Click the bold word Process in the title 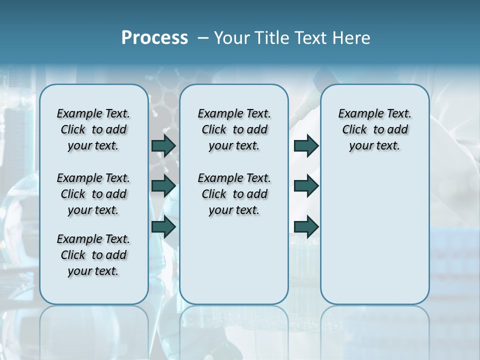click(154, 38)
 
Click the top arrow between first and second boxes click(163, 145)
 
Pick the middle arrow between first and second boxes click(163, 186)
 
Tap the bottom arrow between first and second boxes click(163, 226)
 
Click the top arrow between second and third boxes click(306, 145)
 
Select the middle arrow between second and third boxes click(306, 186)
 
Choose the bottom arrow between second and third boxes click(306, 226)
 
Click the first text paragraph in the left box click(93, 129)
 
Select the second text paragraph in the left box click(93, 194)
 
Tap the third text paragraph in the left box click(93, 255)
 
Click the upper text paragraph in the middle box click(234, 129)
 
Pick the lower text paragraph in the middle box click(234, 194)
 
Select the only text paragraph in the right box click(374, 129)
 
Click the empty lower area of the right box click(374, 235)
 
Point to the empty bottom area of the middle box click(234, 265)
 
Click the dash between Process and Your click(203, 38)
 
